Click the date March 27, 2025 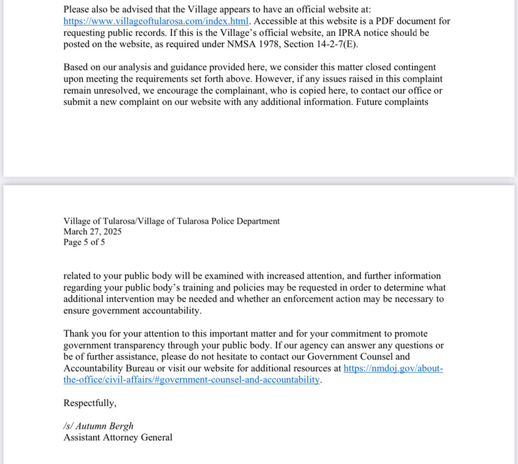(x=92, y=231)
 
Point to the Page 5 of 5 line (x=84, y=242)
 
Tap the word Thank (x=77, y=334)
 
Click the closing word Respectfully (x=90, y=403)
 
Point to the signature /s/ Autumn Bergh (x=99, y=426)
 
